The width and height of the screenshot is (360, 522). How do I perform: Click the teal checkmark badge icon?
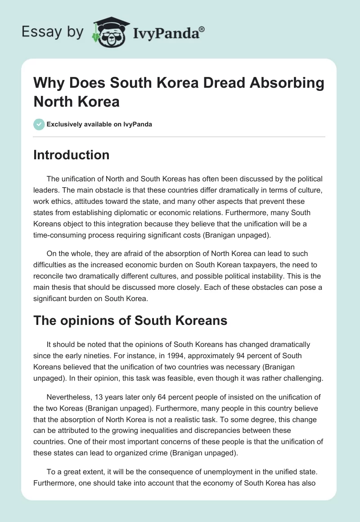pos(39,124)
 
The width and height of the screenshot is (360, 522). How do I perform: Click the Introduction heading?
pos(72,155)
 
